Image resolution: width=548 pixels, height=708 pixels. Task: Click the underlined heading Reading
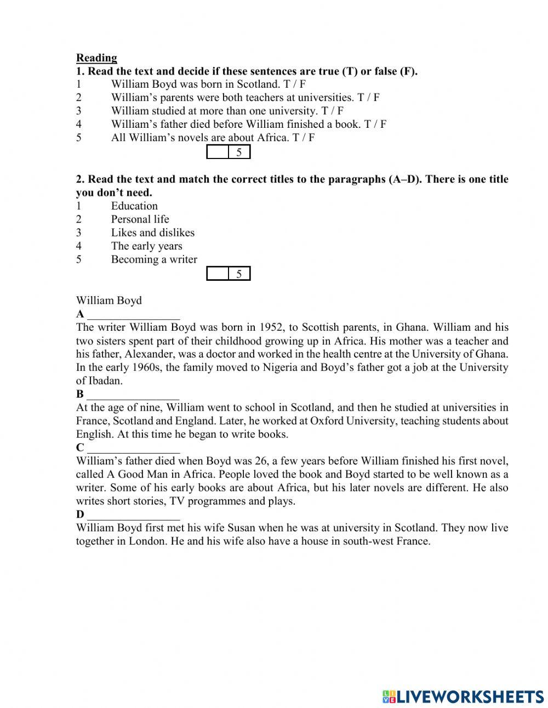click(x=96, y=58)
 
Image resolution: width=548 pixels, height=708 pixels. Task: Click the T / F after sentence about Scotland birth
click(x=294, y=84)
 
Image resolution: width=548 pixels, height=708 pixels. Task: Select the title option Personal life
click(x=140, y=219)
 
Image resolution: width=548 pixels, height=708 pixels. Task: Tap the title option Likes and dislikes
click(x=152, y=233)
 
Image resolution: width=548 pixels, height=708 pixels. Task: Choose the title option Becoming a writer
click(x=154, y=259)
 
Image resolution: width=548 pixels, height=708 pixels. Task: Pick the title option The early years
click(x=146, y=246)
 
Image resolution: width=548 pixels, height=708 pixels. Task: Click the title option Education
click(x=134, y=206)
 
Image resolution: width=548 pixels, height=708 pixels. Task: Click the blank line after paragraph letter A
click(x=133, y=315)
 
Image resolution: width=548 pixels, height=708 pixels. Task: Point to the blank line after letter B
click(x=133, y=395)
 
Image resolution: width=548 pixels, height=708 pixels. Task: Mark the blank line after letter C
click(x=133, y=448)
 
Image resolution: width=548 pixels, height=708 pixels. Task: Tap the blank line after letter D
click(x=133, y=515)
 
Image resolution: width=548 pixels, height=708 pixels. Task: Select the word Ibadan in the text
click(x=105, y=381)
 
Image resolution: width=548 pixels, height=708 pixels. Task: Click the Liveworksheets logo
click(x=463, y=696)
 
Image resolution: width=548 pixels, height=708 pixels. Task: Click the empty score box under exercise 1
click(x=218, y=152)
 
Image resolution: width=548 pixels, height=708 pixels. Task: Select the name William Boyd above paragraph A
click(x=109, y=301)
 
